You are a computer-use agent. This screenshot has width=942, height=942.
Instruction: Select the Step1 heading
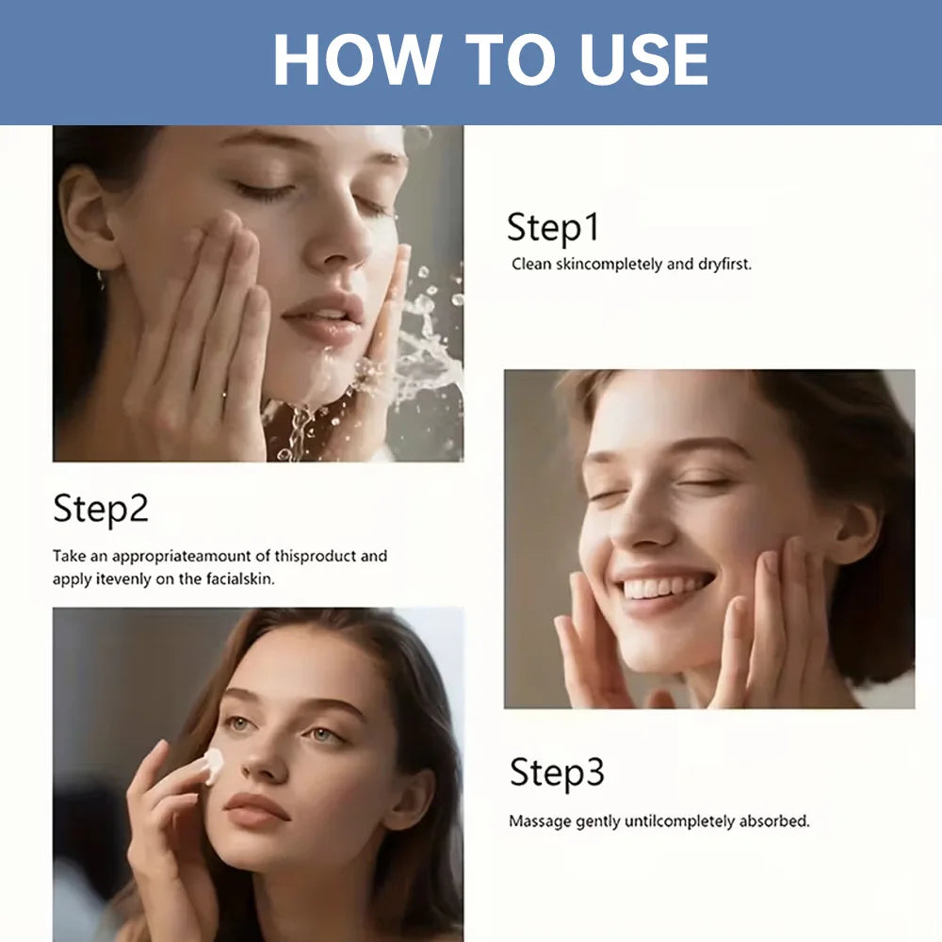tap(553, 228)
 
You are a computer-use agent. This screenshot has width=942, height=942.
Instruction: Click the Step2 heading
tap(101, 510)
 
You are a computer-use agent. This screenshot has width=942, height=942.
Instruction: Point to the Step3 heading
tap(557, 772)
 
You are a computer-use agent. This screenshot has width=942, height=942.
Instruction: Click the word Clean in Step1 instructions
tap(531, 265)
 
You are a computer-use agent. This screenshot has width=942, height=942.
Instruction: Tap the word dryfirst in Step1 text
tap(724, 265)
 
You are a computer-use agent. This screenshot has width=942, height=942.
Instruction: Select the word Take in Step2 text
tap(69, 556)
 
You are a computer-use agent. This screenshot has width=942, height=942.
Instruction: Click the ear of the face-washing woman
tap(90, 218)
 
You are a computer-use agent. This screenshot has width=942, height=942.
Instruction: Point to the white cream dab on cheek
tap(214, 765)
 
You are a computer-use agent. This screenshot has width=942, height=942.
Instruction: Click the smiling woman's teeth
tap(664, 587)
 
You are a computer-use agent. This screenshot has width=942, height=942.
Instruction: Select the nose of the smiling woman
tap(639, 523)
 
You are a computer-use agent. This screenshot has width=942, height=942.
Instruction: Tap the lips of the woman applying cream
tap(256, 808)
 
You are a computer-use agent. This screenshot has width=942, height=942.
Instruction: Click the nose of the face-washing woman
tap(337, 240)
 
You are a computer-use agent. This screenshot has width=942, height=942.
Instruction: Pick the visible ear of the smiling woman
tap(856, 531)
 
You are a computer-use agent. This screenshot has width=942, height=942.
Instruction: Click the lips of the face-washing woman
tap(325, 317)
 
